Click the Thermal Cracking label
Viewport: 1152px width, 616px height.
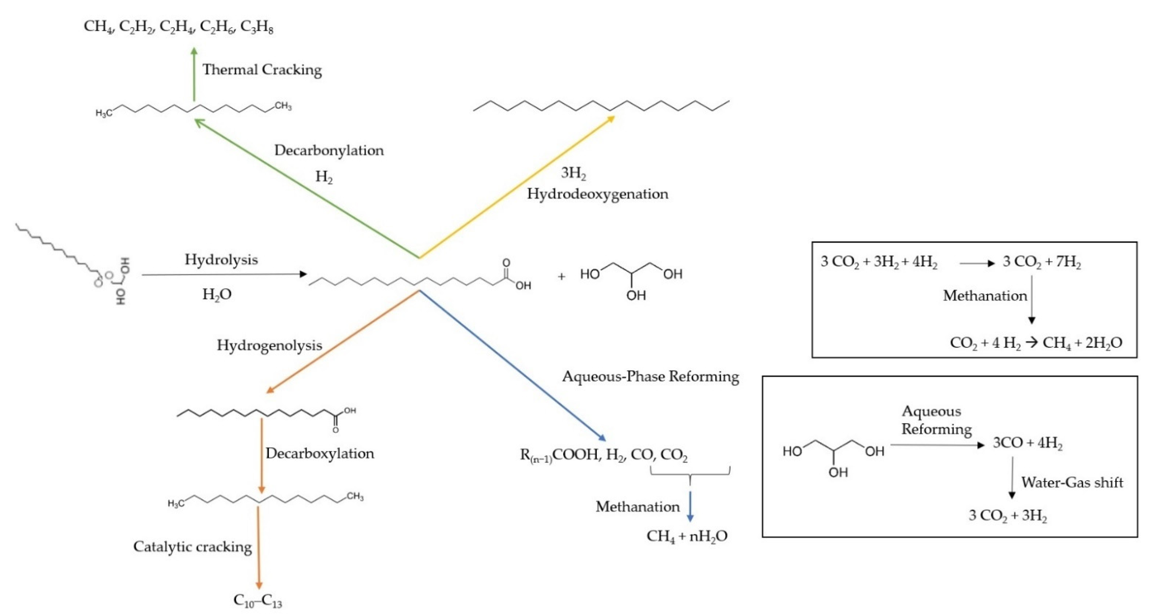[x=262, y=70]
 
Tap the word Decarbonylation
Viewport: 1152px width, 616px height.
[x=329, y=150]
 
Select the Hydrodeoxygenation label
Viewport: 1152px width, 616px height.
[x=597, y=194]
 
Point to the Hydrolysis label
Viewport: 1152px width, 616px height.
[x=221, y=260]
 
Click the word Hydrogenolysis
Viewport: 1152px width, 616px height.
[x=269, y=345]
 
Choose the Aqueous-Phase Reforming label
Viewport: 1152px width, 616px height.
[x=650, y=377]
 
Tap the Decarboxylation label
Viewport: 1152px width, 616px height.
[x=320, y=453]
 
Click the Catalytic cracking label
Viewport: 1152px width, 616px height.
[x=192, y=547]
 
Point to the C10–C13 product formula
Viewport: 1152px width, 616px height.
[x=258, y=601]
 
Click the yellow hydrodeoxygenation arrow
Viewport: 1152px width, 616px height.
[x=517, y=187]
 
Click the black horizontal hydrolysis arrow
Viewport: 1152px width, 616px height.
[x=224, y=274]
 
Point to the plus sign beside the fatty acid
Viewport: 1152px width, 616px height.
[x=561, y=277]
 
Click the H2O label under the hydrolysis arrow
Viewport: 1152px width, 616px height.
[x=217, y=294]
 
